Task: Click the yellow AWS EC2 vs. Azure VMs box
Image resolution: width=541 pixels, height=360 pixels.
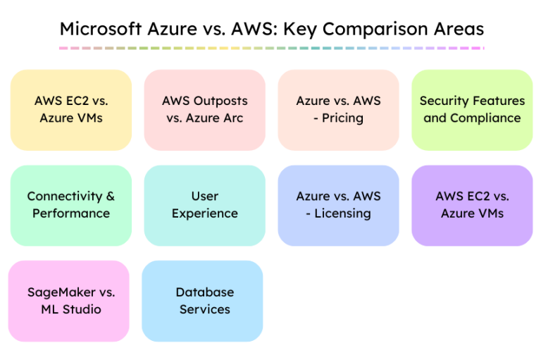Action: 70,109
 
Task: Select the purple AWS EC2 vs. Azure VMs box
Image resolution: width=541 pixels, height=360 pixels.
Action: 472,205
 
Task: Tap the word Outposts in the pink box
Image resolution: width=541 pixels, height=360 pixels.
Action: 220,101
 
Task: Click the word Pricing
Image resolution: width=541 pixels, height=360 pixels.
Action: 342,118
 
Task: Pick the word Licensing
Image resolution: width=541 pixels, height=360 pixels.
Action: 342,213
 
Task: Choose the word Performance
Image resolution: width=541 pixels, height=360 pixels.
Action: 70,213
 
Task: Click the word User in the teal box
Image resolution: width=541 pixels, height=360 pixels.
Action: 204,197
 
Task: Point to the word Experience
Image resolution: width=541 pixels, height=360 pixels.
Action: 204,213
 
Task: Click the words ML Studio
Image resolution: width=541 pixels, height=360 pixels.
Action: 70,309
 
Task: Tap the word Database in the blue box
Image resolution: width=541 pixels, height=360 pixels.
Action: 204,292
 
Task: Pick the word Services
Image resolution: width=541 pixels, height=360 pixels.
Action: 204,309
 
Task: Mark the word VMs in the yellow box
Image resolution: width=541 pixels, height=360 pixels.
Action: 89,118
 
